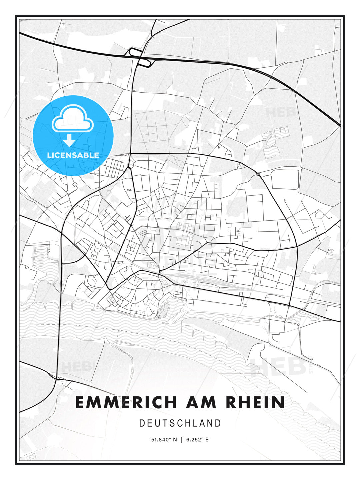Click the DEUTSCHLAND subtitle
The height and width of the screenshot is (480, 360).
pyautogui.click(x=180, y=423)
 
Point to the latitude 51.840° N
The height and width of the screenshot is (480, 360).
pyautogui.click(x=164, y=440)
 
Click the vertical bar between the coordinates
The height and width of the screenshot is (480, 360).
pyautogui.click(x=181, y=440)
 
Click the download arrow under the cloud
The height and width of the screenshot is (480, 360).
pyautogui.click(x=69, y=141)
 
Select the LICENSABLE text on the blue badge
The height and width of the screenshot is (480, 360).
pyautogui.click(x=73, y=155)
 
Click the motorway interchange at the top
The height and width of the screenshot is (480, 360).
pyautogui.click(x=140, y=57)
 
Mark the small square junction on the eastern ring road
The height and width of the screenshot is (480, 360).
pyautogui.click(x=258, y=174)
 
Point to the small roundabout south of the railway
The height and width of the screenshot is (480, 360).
pyautogui.click(x=285, y=322)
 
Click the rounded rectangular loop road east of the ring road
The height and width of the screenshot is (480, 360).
pyautogui.click(x=285, y=179)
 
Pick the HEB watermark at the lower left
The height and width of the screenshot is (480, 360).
pyautogui.click(x=76, y=367)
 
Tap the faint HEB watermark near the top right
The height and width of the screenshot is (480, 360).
pyautogui.click(x=281, y=112)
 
